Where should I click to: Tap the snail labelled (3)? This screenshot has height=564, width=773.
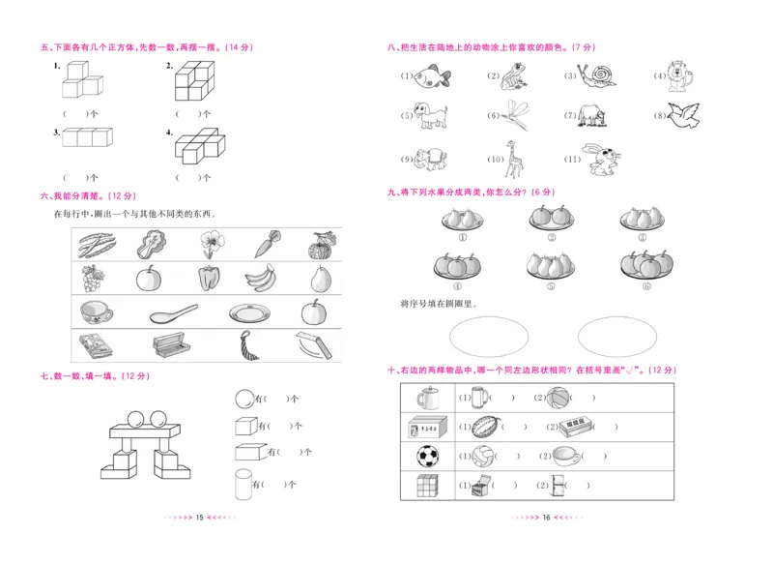point(601,74)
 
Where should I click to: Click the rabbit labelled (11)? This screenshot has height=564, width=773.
point(604,158)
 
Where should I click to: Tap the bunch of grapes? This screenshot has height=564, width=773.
point(94,279)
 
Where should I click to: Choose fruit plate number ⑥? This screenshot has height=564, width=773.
point(641,263)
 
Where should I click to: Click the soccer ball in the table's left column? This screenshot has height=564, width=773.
point(427,456)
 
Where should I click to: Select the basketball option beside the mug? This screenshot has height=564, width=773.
point(558,397)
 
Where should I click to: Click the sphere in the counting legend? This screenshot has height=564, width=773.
point(245,398)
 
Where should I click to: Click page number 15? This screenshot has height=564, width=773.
point(199,519)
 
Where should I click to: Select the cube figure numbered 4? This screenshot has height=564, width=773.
point(200,145)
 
